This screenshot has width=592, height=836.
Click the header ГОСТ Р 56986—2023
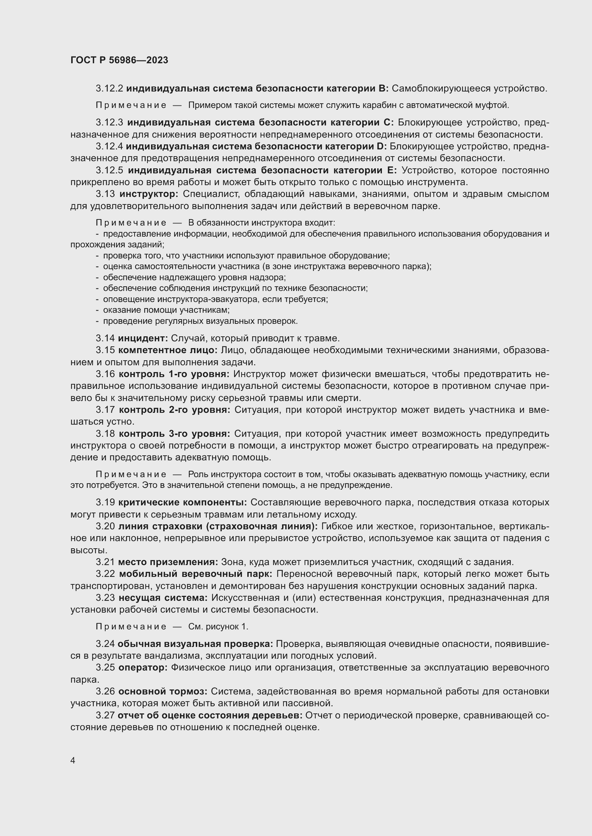[119, 60]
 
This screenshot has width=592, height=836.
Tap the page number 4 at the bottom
[73, 761]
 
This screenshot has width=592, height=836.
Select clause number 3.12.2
[110, 89]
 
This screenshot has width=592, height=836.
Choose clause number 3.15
[105, 350]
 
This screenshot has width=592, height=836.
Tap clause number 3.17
[105, 410]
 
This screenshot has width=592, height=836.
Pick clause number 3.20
[105, 526]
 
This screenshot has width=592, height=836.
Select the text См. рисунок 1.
[218, 627]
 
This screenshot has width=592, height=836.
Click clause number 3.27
[105, 716]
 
